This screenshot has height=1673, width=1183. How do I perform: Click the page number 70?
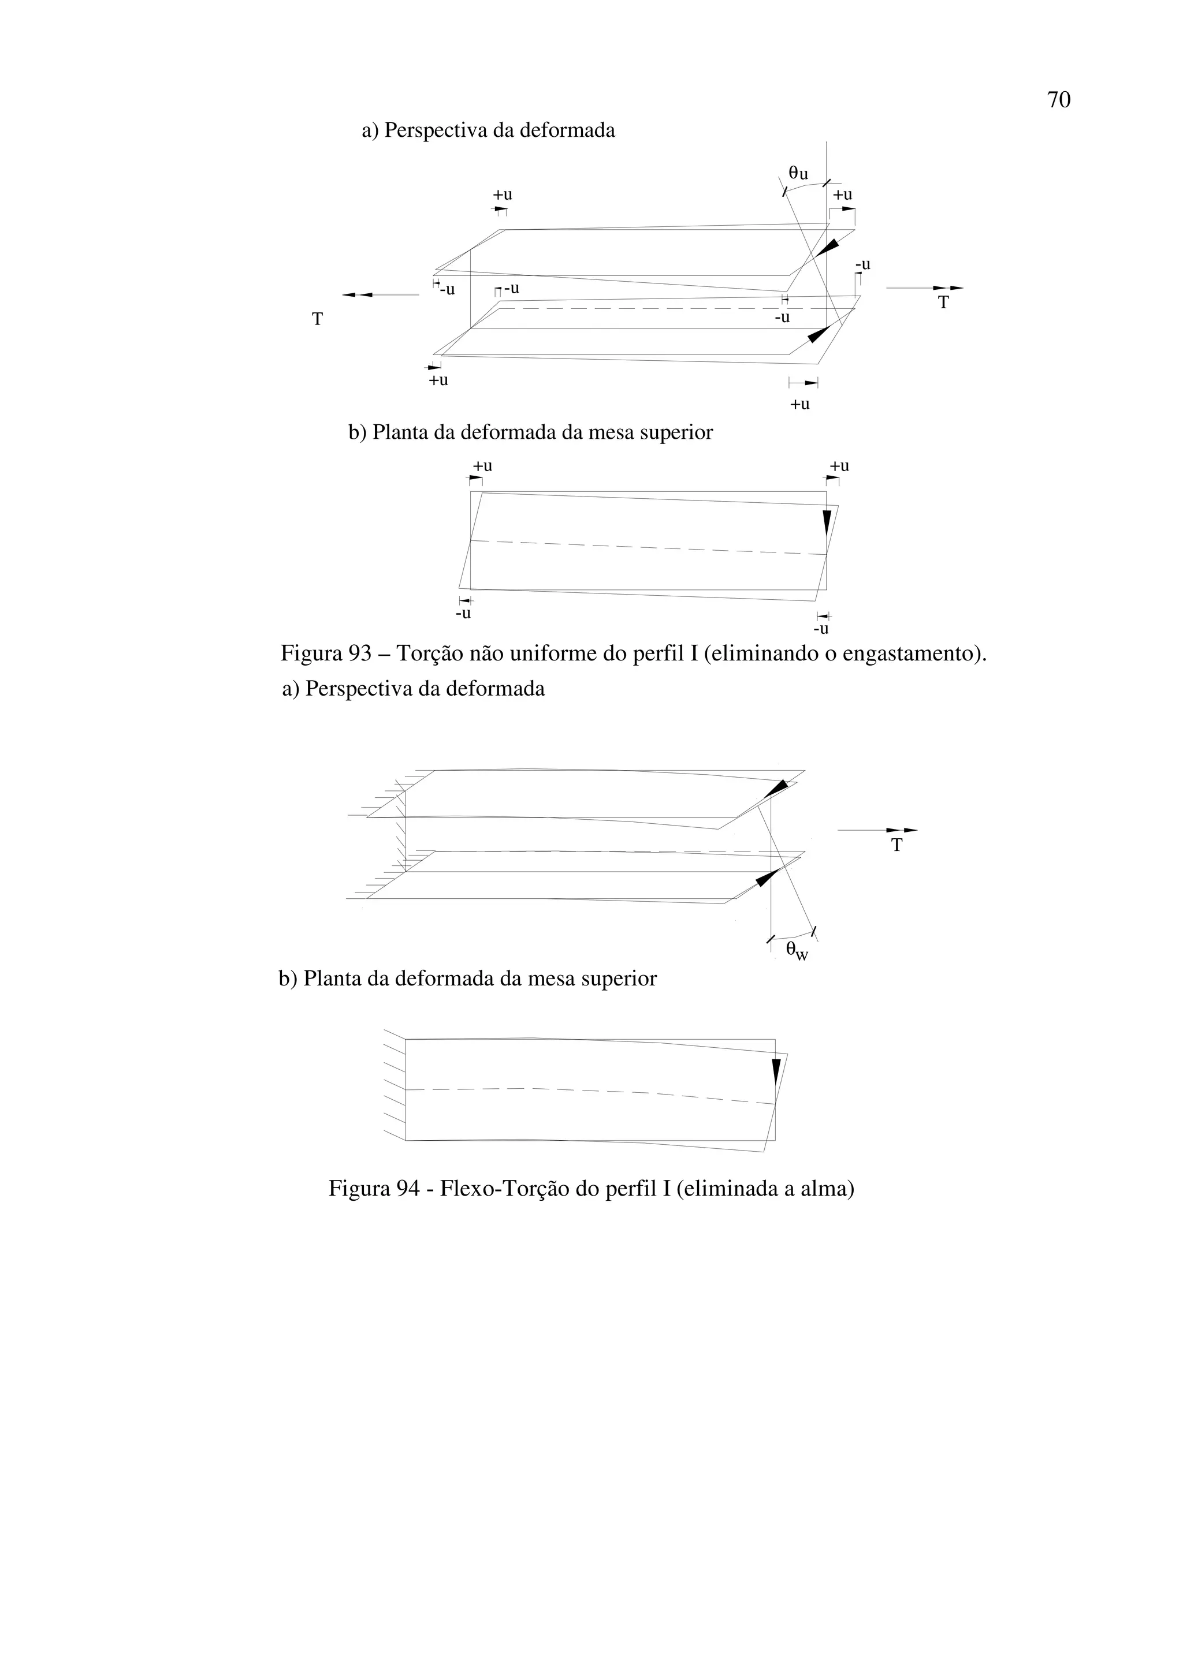(x=1058, y=100)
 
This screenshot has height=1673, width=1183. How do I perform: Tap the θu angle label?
(x=798, y=173)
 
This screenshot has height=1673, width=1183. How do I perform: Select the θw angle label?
(x=797, y=951)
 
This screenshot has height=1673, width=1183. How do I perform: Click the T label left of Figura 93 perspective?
(x=317, y=319)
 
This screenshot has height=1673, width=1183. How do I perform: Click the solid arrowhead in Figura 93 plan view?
(x=827, y=523)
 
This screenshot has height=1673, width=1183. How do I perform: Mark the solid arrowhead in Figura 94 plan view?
(x=776, y=1074)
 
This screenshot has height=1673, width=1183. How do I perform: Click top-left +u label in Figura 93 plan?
(x=482, y=466)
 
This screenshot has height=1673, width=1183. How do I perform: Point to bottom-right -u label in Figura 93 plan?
(x=821, y=628)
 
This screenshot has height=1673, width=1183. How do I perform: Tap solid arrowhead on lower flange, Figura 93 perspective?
(x=819, y=334)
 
